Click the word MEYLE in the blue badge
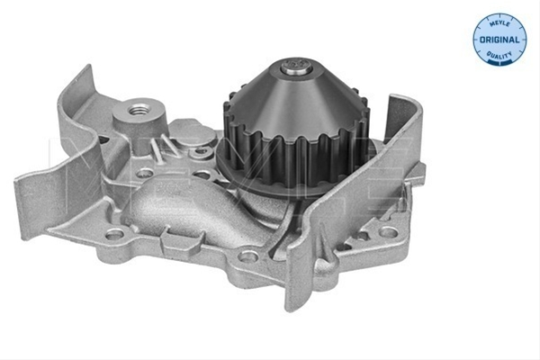[499, 23]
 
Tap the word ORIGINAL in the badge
[499, 40]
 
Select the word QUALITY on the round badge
[499, 55]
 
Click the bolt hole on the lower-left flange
[115, 234]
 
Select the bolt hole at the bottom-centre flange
[248, 256]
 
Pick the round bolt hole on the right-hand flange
[389, 232]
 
